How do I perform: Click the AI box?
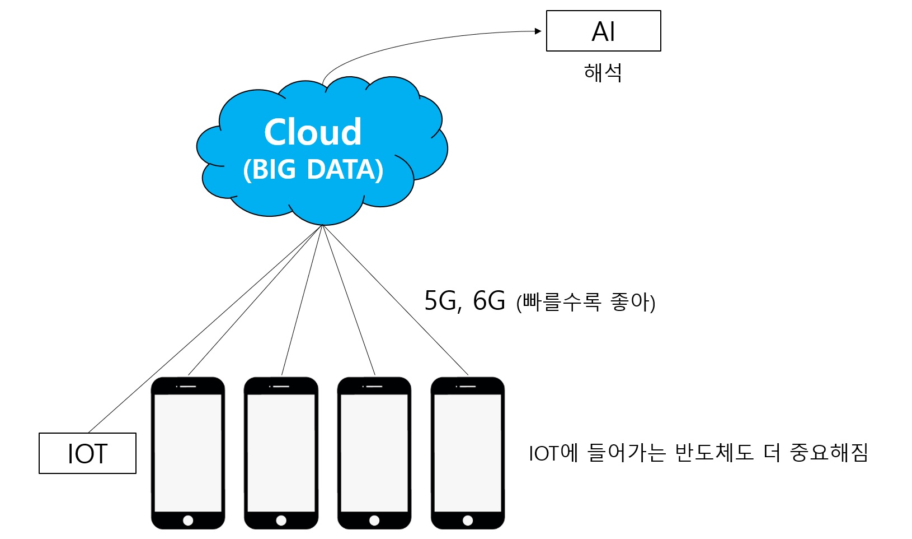point(603,31)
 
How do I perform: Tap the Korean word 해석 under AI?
point(603,73)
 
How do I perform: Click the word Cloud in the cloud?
point(313,132)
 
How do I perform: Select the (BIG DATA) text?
point(313,169)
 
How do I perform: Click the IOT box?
point(87,453)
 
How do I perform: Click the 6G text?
point(488,301)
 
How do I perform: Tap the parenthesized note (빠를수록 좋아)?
point(585,302)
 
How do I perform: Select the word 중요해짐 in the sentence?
point(829,452)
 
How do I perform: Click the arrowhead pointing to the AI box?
point(538,31)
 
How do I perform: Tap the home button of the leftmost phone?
point(188,521)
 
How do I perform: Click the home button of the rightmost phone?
point(468,521)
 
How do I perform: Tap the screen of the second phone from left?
point(281,452)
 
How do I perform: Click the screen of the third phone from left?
point(374,452)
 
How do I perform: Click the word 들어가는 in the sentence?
point(626,452)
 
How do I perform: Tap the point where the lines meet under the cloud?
point(323,225)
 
